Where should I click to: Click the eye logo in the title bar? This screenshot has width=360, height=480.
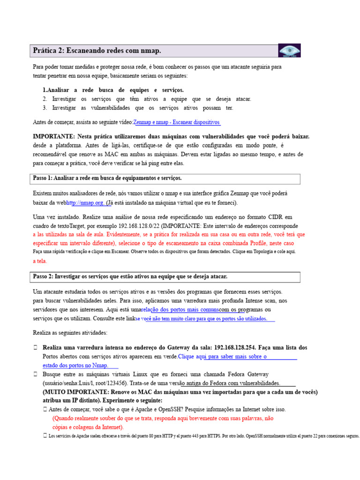tap(289, 50)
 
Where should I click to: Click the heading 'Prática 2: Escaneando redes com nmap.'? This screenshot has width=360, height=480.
tap(97, 50)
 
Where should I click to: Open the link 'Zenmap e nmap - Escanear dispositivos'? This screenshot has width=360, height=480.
tap(177, 122)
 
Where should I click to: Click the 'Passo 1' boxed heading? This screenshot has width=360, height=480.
tap(107, 179)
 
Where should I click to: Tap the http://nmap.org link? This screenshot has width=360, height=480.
tap(86, 203)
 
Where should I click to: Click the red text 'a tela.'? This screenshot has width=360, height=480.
tap(40, 261)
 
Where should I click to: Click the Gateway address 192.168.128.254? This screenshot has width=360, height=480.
tap(234, 348)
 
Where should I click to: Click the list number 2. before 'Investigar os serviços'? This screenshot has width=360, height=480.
tap(45, 99)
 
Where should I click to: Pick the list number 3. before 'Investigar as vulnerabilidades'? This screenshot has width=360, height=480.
tap(45, 108)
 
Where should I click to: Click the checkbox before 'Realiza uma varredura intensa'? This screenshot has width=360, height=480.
tap(36, 348)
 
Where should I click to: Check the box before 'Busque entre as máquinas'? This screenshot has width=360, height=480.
tap(36, 375)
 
